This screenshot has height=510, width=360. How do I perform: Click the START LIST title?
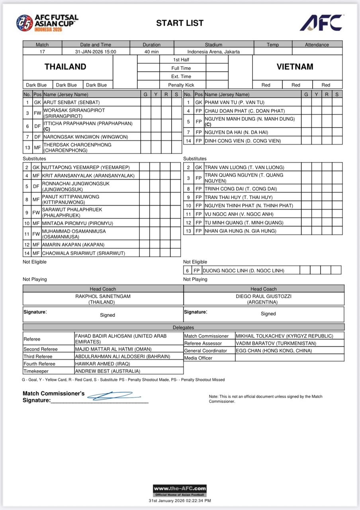[180, 23]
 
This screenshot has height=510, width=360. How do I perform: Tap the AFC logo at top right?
[321, 23]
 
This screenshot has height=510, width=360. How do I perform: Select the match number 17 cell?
[42, 51]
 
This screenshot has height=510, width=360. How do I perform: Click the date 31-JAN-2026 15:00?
[96, 51]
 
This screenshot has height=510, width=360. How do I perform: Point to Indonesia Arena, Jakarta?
[213, 51]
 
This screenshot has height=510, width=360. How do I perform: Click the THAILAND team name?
[65, 67]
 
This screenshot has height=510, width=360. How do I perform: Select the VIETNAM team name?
[295, 67]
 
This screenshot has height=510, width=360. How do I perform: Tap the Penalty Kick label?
[181, 85]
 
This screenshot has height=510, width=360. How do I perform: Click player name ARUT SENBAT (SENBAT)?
[72, 102]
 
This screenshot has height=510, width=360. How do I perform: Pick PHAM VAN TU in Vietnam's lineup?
[234, 102]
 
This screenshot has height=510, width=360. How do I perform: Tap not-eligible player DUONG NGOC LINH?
[244, 271]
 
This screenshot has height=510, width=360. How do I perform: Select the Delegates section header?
[183, 328]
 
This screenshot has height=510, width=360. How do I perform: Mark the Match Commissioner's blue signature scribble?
[113, 396]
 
